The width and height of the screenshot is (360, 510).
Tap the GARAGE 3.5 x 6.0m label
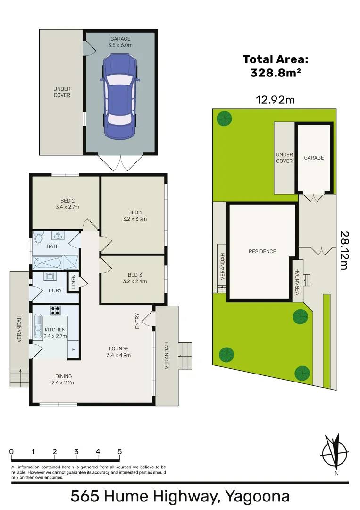tap(121, 42)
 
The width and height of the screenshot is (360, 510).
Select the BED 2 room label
tap(67, 204)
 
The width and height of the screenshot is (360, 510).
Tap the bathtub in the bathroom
tap(48, 261)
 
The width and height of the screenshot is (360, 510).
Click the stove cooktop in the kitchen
tap(55, 311)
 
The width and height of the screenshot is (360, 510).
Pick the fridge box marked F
tap(73, 350)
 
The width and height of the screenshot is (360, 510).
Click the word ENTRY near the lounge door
tap(138, 321)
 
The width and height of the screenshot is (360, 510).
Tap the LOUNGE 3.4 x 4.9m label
tap(118, 352)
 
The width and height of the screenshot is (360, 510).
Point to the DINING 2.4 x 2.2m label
tap(63, 379)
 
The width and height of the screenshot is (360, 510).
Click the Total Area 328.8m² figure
tap(276, 66)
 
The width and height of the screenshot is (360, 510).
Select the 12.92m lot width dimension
tap(275, 100)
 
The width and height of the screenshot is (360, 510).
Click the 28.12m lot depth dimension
tap(344, 250)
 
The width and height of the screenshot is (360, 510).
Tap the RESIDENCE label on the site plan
tap(262, 251)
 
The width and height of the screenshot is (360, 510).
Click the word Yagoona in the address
tap(257, 496)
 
